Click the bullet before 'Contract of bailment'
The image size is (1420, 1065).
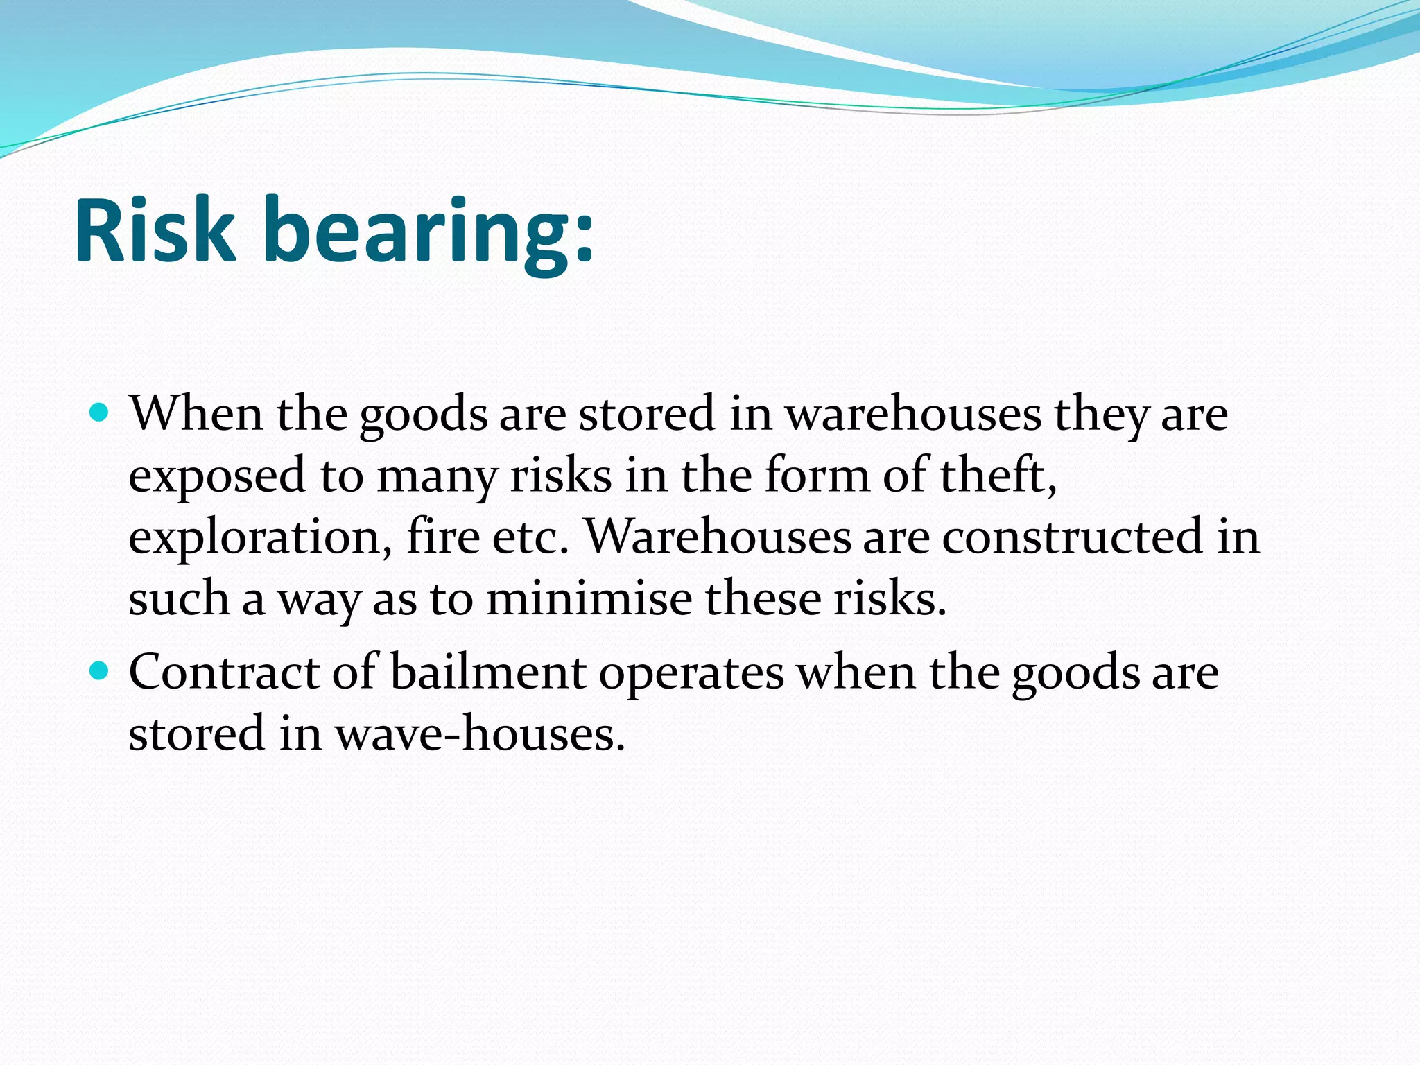(x=100, y=671)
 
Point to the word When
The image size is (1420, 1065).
(x=196, y=414)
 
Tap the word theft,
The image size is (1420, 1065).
(x=998, y=476)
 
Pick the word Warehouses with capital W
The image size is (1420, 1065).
(x=718, y=537)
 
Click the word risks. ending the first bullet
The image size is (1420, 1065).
(x=890, y=598)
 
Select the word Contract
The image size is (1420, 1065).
(x=224, y=672)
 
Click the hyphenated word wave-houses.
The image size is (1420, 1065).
(x=480, y=734)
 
